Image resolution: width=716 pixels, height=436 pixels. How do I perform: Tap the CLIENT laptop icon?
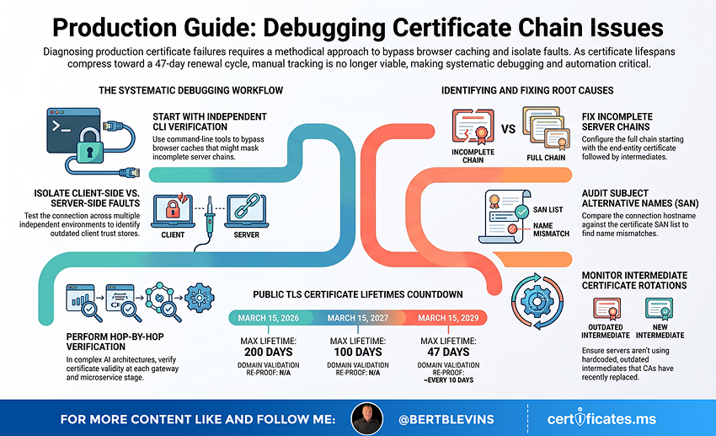click(x=173, y=211)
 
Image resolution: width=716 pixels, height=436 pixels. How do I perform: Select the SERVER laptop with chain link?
click(x=247, y=211)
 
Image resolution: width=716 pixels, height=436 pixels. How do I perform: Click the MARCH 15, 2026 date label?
click(x=268, y=318)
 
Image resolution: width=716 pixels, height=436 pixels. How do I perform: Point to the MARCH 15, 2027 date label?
click(x=357, y=318)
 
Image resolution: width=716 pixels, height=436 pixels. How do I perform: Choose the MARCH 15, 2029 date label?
click(x=448, y=318)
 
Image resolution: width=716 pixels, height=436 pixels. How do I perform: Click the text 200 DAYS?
click(x=268, y=352)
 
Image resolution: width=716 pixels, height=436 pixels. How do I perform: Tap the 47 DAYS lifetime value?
click(x=448, y=352)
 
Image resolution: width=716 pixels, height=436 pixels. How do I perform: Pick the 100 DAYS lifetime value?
click(x=357, y=352)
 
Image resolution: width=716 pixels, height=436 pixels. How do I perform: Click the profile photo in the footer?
click(x=366, y=418)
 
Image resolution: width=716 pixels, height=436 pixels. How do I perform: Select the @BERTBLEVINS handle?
click(x=446, y=419)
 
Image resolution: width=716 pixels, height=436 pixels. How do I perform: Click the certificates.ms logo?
click(x=601, y=418)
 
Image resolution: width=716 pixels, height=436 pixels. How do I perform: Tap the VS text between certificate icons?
click(x=508, y=129)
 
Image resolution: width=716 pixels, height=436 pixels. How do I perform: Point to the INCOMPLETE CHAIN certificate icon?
click(x=473, y=126)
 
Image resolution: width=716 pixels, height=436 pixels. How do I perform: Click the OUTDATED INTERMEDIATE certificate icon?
click(x=606, y=309)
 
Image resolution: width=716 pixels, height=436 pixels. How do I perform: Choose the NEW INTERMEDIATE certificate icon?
click(x=659, y=309)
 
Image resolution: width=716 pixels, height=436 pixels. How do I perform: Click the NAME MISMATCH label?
click(x=551, y=230)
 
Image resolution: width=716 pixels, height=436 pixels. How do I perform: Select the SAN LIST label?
click(x=548, y=210)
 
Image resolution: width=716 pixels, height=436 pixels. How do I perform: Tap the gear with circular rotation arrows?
click(x=537, y=302)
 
